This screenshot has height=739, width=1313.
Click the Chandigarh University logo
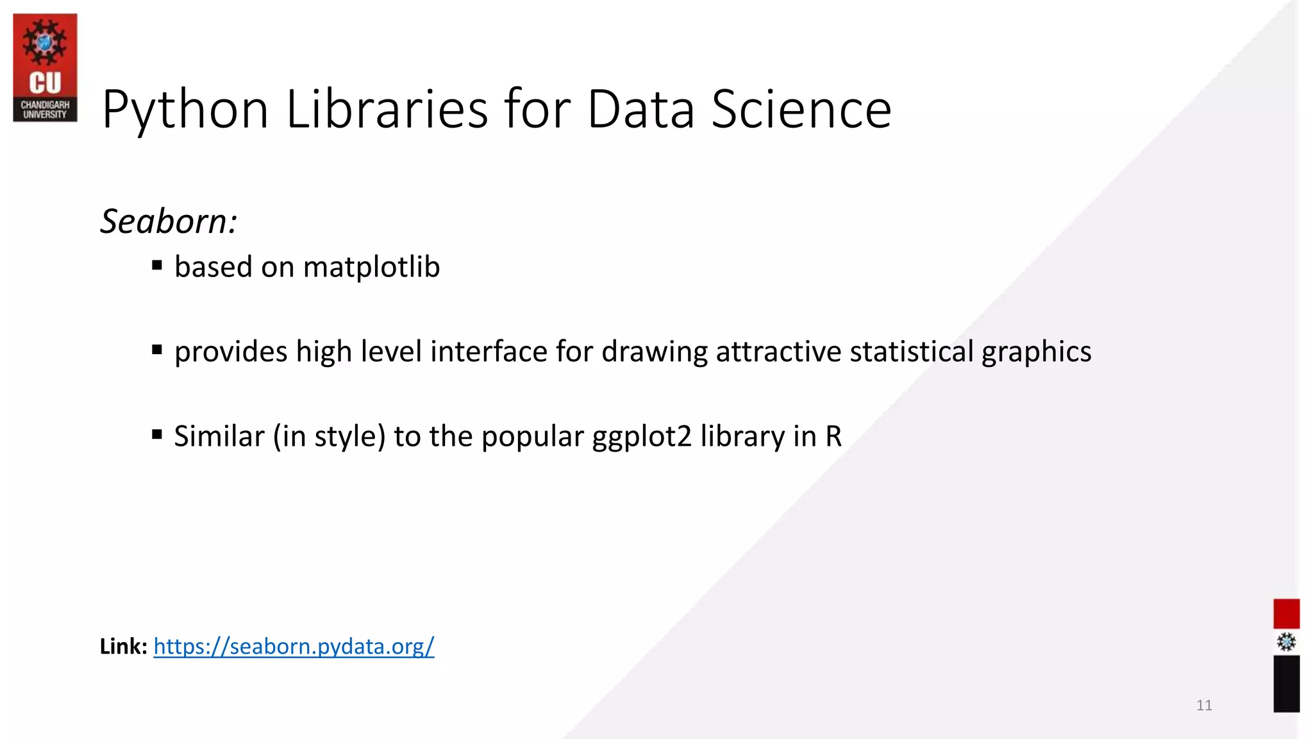pyautogui.click(x=45, y=67)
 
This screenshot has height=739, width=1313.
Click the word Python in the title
pyautogui.click(x=185, y=110)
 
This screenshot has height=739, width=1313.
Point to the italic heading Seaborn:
pyautogui.click(x=169, y=221)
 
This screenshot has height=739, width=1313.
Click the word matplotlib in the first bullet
pyautogui.click(x=371, y=267)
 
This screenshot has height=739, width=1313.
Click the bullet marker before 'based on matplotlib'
pyautogui.click(x=157, y=265)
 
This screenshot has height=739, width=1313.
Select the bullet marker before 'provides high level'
pyautogui.click(x=157, y=350)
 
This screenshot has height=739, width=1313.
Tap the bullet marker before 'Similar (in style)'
pyautogui.click(x=157, y=434)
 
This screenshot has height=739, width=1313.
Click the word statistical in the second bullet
pyautogui.click(x=912, y=352)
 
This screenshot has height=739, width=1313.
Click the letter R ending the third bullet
pyautogui.click(x=833, y=436)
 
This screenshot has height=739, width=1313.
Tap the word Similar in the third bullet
pyautogui.click(x=219, y=436)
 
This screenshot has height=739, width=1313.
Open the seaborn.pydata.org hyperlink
pyautogui.click(x=294, y=646)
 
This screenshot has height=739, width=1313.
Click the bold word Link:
pyautogui.click(x=124, y=646)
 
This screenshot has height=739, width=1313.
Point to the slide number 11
pyautogui.click(x=1204, y=706)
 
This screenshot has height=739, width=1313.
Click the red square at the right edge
pyautogui.click(x=1286, y=614)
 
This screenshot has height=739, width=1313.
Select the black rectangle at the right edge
pyautogui.click(x=1286, y=684)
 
